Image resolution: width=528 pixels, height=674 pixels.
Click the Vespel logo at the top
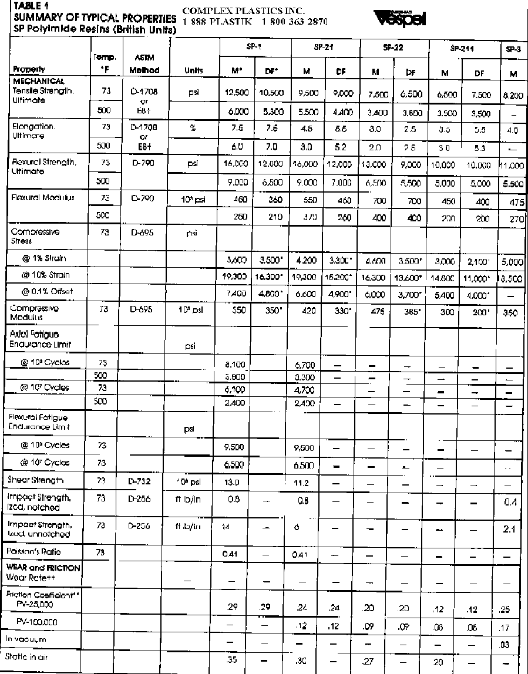pos(403,19)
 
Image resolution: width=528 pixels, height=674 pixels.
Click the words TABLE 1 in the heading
pos(29,6)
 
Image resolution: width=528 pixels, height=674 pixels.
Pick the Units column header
pos(194,70)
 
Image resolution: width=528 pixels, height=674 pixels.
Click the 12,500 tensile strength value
pos(237,92)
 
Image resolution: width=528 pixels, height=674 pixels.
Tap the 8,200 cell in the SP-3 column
pos(514,93)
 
